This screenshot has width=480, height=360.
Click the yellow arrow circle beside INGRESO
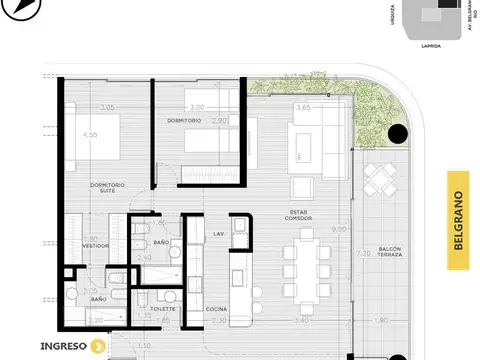[98, 347]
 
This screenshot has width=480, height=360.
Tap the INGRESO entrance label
[64, 347]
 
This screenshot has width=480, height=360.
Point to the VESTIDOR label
[95, 245]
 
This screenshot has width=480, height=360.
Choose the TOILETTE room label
[163, 309]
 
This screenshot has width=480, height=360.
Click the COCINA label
[217, 309]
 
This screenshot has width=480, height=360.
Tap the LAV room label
[218, 233]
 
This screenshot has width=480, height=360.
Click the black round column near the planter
[397, 133]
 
